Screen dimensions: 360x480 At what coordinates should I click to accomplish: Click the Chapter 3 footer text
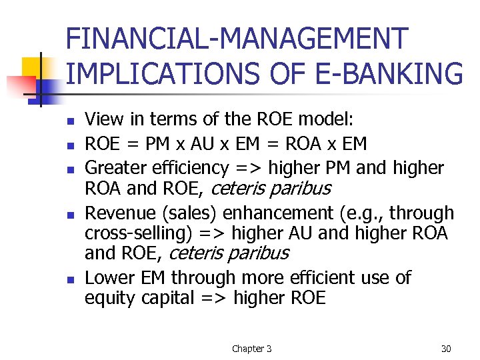point(251,348)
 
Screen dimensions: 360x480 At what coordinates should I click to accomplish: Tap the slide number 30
point(445,348)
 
